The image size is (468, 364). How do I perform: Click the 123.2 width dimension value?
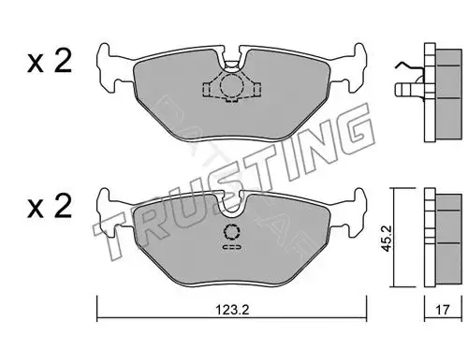click(232, 310)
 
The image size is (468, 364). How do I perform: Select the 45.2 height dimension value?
click(388, 239)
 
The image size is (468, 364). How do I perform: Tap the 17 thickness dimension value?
click(443, 310)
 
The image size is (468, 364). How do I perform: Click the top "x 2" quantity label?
click(50, 62)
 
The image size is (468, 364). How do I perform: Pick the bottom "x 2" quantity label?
click(50, 206)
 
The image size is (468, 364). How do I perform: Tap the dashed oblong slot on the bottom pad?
click(232, 247)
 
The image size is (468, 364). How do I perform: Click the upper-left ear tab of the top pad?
click(104, 53)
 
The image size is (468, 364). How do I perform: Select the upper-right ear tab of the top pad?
click(359, 53)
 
